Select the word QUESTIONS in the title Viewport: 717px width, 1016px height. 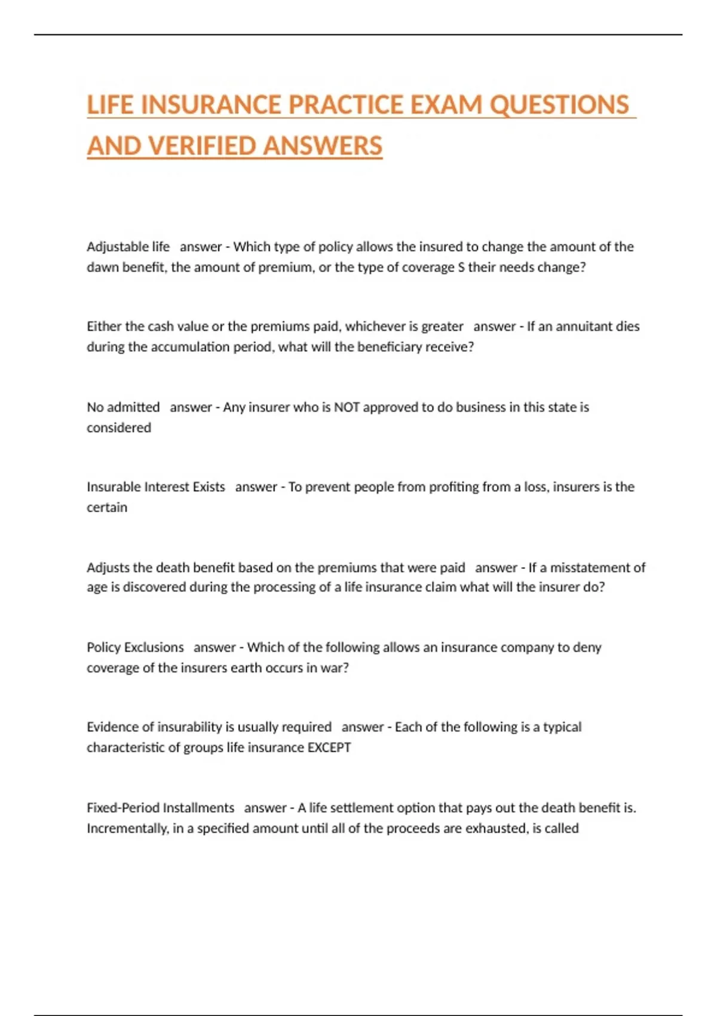point(559,105)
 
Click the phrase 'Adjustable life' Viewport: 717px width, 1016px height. point(128,247)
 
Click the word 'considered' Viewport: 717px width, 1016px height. point(119,427)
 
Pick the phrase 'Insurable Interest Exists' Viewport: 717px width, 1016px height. point(156,487)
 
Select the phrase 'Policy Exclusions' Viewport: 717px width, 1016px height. point(135,647)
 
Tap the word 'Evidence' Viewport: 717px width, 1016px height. point(112,727)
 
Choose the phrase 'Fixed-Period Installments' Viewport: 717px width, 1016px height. point(160,808)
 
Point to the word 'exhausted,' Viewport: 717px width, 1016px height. point(497,828)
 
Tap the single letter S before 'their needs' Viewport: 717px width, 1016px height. point(461,267)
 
